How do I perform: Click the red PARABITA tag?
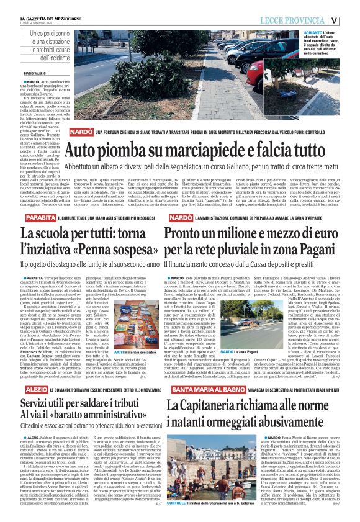tap(39, 219)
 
